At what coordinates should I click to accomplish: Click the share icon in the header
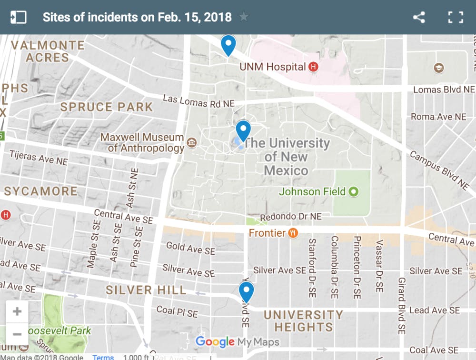pyautogui.click(x=419, y=18)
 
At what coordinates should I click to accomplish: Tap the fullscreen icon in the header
pyautogui.click(x=456, y=18)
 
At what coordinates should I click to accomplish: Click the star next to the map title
pyautogui.click(x=244, y=17)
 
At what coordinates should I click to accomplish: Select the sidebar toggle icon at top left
pyautogui.click(x=18, y=18)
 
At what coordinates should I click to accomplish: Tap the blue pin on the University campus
pyautogui.click(x=243, y=130)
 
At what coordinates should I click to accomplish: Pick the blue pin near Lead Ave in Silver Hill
pyautogui.click(x=246, y=291)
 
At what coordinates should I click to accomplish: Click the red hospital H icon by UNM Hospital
pyautogui.click(x=313, y=67)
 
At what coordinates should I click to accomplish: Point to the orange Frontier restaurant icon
pyautogui.click(x=293, y=233)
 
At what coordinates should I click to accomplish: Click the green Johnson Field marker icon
pyautogui.click(x=353, y=192)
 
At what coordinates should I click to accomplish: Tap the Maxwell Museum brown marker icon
pyautogui.click(x=192, y=142)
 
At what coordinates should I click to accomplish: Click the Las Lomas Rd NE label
pyautogui.click(x=191, y=101)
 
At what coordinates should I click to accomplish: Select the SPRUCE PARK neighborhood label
pyautogui.click(x=106, y=107)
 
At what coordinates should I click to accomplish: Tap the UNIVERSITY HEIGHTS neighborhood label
pyautogui.click(x=303, y=321)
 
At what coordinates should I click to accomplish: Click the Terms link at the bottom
pyautogui.click(x=103, y=357)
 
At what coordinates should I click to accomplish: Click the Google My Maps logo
pyautogui.click(x=237, y=342)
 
